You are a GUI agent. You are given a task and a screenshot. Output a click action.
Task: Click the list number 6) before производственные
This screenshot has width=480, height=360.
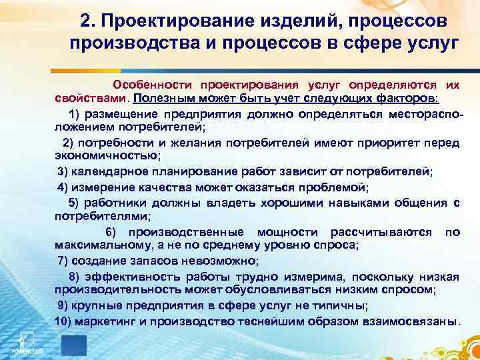(x=111, y=232)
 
